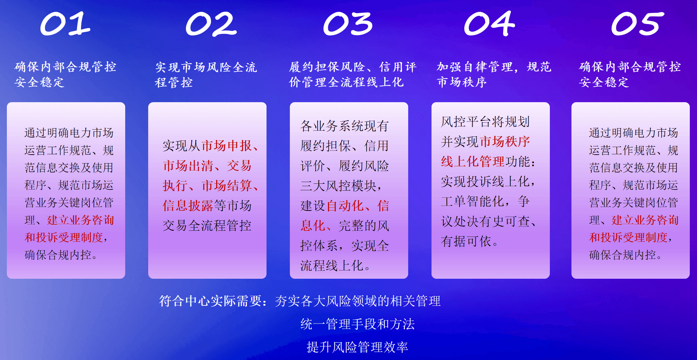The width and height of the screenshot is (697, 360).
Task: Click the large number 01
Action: click(x=65, y=24)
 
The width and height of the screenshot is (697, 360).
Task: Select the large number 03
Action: click(x=348, y=24)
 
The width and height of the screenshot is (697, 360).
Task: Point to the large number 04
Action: click(x=489, y=23)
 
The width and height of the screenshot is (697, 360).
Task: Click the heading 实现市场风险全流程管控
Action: click(x=206, y=75)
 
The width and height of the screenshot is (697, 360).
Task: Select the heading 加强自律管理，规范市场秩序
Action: click(x=494, y=74)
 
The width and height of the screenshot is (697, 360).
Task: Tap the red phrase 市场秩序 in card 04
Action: click(x=505, y=141)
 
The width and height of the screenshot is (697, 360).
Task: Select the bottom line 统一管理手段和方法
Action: click(x=357, y=324)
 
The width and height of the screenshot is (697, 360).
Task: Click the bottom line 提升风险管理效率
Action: click(x=357, y=347)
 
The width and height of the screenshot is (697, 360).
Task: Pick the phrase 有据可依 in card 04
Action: click(x=466, y=241)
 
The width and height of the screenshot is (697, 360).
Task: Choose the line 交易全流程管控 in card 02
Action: click(x=207, y=226)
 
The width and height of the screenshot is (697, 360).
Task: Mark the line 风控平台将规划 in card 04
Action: click(x=485, y=121)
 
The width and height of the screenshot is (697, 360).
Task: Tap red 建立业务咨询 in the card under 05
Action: click(x=645, y=220)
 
